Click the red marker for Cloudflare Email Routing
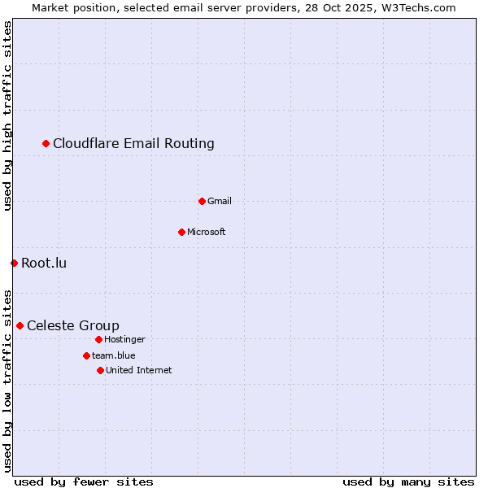[x=46, y=144]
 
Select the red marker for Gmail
[x=202, y=201]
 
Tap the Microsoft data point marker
[x=181, y=232]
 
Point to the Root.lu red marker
[x=14, y=263]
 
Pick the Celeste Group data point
[x=20, y=325]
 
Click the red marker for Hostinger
[x=98, y=339]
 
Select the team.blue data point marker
[x=86, y=355]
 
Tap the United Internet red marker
[x=100, y=370]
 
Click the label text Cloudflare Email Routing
[x=133, y=144]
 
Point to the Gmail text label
[x=220, y=201]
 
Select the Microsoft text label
[x=207, y=232]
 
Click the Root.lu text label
[x=44, y=263]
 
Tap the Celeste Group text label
[x=73, y=325]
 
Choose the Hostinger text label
[x=124, y=339]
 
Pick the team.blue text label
[x=114, y=355]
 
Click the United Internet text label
[x=139, y=370]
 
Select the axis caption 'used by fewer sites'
[x=84, y=481]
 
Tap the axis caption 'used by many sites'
[x=408, y=481]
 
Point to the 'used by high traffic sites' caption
[x=7, y=116]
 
